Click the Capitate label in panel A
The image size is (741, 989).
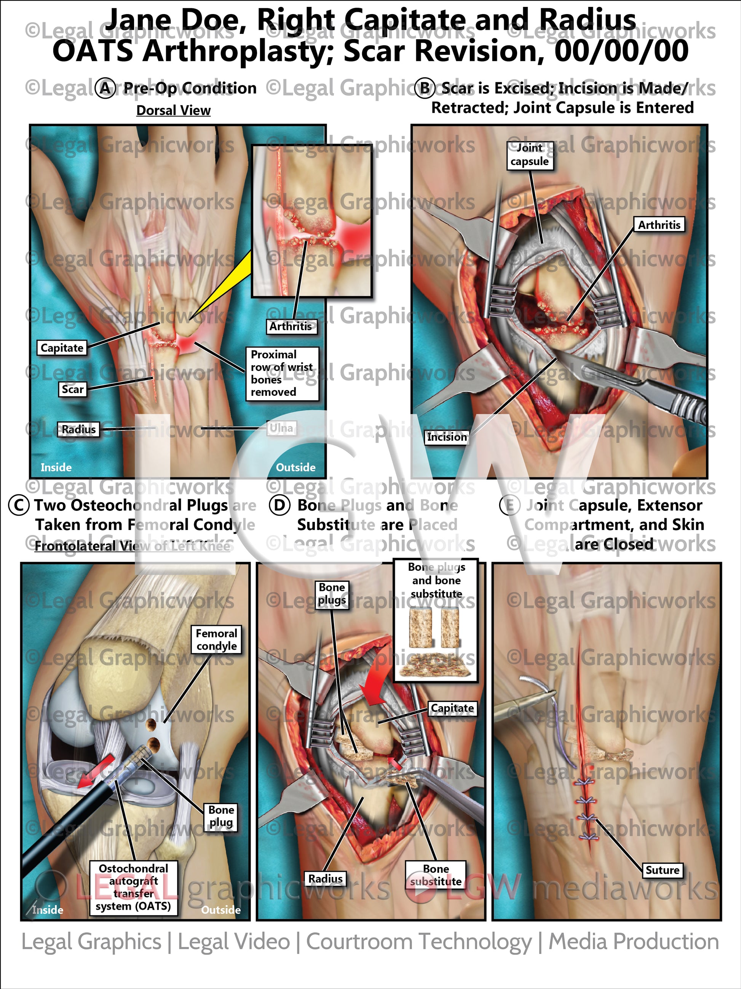click(62, 348)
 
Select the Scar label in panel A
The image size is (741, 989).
click(72, 389)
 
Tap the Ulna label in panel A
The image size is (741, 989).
click(281, 428)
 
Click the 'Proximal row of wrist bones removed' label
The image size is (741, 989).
click(282, 373)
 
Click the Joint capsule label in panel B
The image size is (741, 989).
click(530, 155)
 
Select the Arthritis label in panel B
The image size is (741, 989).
click(659, 225)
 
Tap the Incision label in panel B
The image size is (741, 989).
click(447, 437)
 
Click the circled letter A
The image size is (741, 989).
click(105, 88)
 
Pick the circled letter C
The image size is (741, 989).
click(19, 506)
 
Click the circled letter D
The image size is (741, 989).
click(279, 506)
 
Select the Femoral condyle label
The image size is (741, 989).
click(217, 639)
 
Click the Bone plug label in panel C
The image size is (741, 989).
click(221, 816)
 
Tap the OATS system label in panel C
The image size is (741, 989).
click(134, 887)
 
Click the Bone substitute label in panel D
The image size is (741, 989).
click(436, 875)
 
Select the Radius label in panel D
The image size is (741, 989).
click(325, 878)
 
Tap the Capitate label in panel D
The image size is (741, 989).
click(452, 708)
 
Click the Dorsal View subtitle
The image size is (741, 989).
click(173, 111)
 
